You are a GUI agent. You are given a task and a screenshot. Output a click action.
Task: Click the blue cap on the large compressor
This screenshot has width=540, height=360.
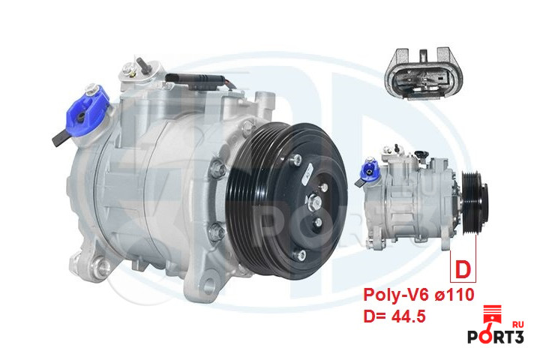[x=87, y=111]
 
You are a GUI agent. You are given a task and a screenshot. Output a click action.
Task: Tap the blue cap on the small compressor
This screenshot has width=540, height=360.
[x=370, y=171]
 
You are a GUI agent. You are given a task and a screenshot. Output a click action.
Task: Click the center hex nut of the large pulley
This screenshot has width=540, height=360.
[x=314, y=202]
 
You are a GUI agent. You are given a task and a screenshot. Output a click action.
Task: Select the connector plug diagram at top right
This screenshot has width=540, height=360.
[x=424, y=73]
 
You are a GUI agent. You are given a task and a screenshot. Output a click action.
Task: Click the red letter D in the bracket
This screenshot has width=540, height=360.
[x=463, y=270]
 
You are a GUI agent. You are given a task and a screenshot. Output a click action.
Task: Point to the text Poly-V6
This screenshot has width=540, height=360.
[x=396, y=295]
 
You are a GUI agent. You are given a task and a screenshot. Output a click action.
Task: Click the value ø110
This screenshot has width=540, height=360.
[x=454, y=295]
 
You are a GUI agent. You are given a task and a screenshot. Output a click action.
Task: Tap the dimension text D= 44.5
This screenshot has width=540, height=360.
[x=394, y=316]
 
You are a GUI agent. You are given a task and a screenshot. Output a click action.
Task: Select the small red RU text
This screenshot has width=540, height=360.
[x=518, y=324]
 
